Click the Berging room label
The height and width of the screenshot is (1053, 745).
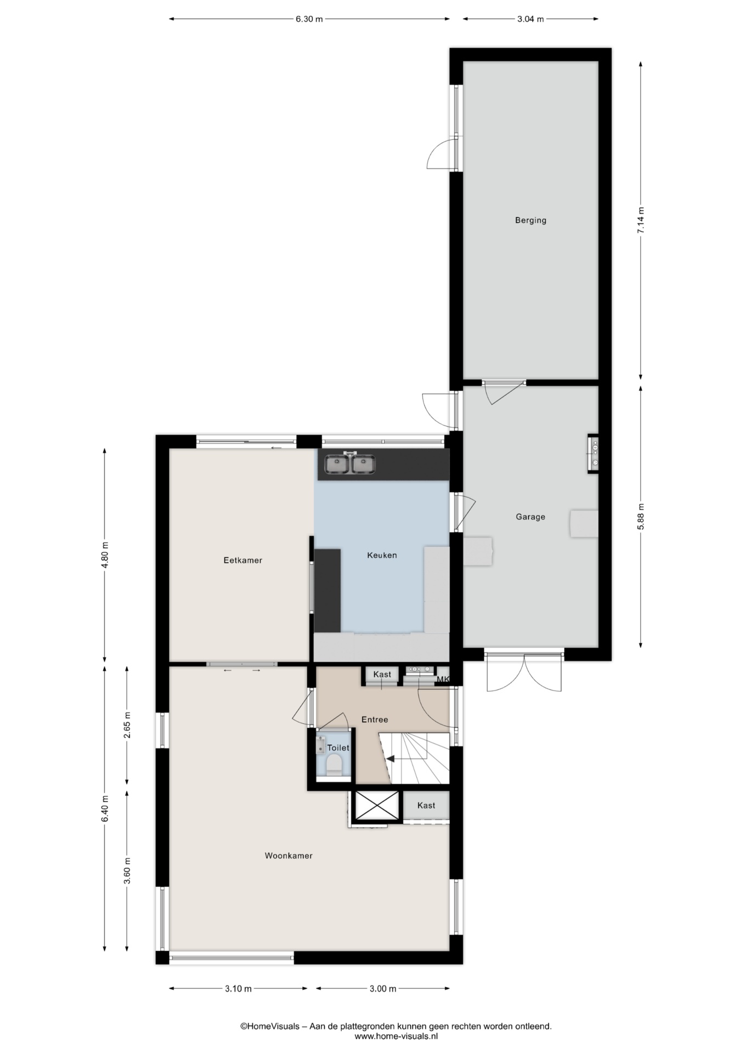pyautogui.click(x=530, y=220)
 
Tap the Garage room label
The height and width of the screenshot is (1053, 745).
pyautogui.click(x=530, y=517)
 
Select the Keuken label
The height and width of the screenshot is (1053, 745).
pyautogui.click(x=382, y=555)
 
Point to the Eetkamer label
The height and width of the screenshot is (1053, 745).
pyautogui.click(x=242, y=560)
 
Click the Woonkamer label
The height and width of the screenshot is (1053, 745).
pyautogui.click(x=289, y=856)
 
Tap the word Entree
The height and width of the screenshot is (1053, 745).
pyautogui.click(x=375, y=720)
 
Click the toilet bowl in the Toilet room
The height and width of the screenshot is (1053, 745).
pyautogui.click(x=334, y=765)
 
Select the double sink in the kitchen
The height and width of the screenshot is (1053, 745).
pyautogui.click(x=350, y=464)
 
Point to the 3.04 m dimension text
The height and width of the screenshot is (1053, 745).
pyautogui.click(x=530, y=19)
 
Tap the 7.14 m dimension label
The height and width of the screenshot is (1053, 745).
pyautogui.click(x=641, y=220)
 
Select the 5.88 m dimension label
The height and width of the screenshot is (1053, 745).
pyautogui.click(x=641, y=517)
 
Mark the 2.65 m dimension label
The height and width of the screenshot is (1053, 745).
pyautogui.click(x=127, y=725)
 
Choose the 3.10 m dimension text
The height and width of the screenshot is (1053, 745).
pyautogui.click(x=238, y=989)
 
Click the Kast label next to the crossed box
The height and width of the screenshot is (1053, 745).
pyautogui.click(x=426, y=806)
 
